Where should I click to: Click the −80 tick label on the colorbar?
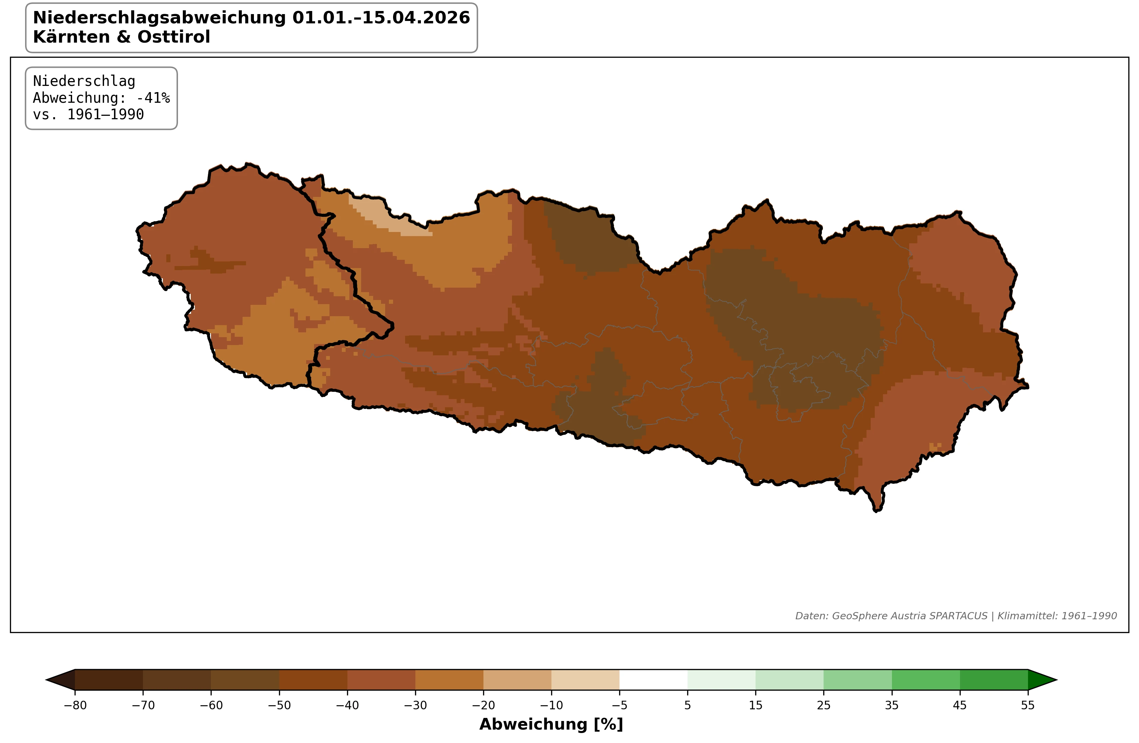click(75, 705)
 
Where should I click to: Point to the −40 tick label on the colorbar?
click(347, 705)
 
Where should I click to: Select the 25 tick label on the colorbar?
click(824, 705)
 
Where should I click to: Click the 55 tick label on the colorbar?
click(1027, 705)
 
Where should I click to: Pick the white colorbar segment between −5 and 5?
click(653, 680)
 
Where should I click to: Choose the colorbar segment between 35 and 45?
click(926, 680)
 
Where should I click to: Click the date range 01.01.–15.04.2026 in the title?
click(381, 18)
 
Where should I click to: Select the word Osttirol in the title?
click(174, 37)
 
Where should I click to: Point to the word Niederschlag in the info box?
click(84, 81)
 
